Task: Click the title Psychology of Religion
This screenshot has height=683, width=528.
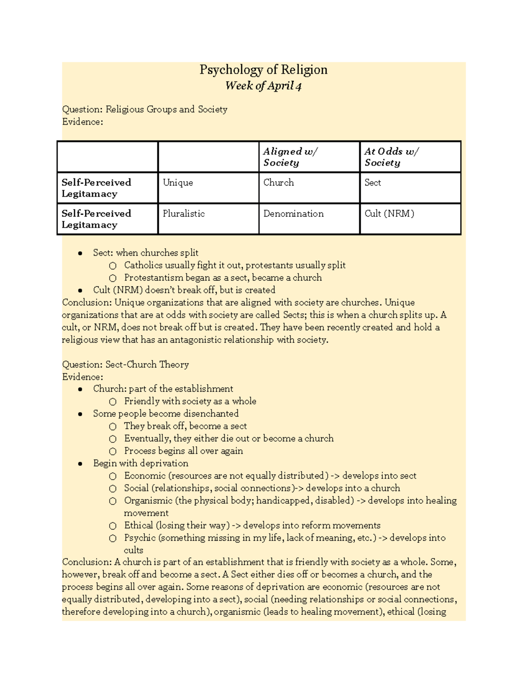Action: point(263,70)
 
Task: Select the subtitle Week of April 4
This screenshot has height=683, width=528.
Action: point(263,86)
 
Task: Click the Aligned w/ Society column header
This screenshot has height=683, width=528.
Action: point(290,157)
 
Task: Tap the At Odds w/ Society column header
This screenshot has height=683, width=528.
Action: point(391,157)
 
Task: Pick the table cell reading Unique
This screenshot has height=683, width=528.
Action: point(178,183)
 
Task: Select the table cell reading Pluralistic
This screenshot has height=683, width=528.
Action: point(183,214)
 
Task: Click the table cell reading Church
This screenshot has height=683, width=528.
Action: point(279,183)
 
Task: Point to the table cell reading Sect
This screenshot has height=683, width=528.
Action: point(373,183)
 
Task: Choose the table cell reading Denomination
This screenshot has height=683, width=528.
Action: point(293,214)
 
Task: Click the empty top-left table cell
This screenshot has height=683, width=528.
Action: point(107,157)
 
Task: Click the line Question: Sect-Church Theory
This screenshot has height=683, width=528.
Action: point(125,365)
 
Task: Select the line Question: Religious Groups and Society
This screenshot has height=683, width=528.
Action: point(145,110)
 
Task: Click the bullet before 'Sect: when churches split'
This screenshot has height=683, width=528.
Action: point(80,253)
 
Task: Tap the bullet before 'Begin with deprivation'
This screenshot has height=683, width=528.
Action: point(80,464)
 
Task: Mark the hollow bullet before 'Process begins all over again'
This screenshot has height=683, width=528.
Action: point(113,451)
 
